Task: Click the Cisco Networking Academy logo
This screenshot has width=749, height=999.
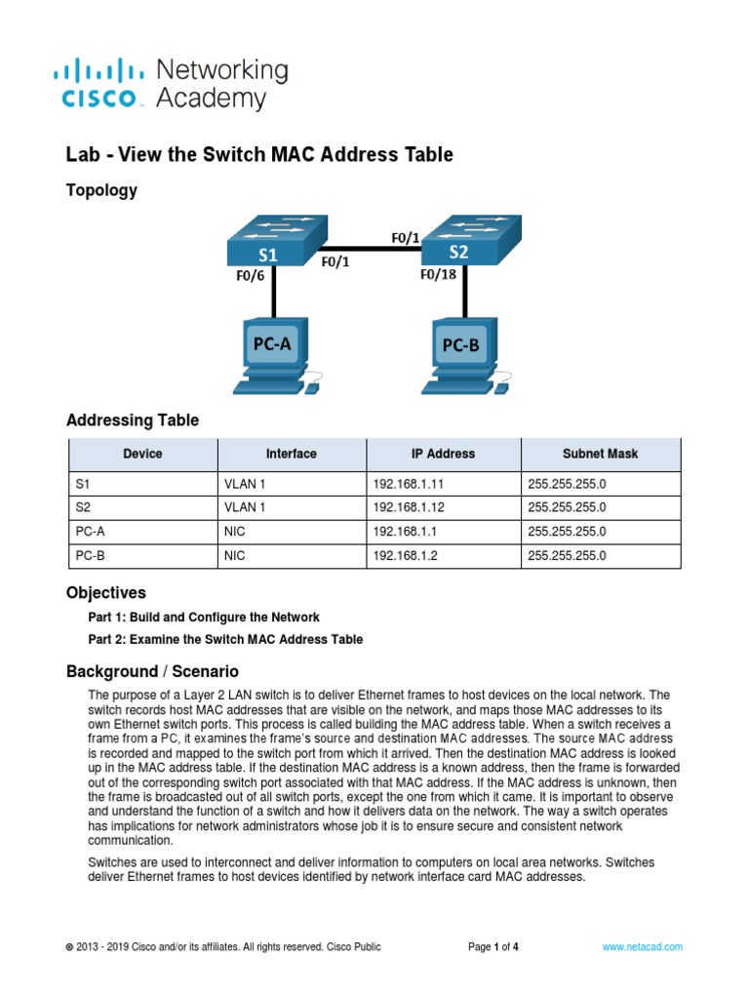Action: click(170, 84)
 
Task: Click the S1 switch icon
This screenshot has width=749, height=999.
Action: click(270, 241)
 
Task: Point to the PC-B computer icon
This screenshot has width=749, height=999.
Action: click(465, 352)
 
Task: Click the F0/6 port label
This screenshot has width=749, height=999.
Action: click(249, 276)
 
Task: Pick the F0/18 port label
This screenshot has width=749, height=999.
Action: click(438, 275)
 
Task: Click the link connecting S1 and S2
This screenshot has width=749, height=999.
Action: click(371, 250)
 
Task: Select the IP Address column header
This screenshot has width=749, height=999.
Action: click(443, 454)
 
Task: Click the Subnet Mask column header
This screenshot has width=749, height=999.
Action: click(600, 454)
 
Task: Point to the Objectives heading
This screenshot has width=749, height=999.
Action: click(105, 592)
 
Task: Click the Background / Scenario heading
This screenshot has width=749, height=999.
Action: click(151, 671)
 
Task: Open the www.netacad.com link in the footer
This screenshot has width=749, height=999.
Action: click(642, 946)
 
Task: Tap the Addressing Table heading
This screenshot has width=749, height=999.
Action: click(132, 420)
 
